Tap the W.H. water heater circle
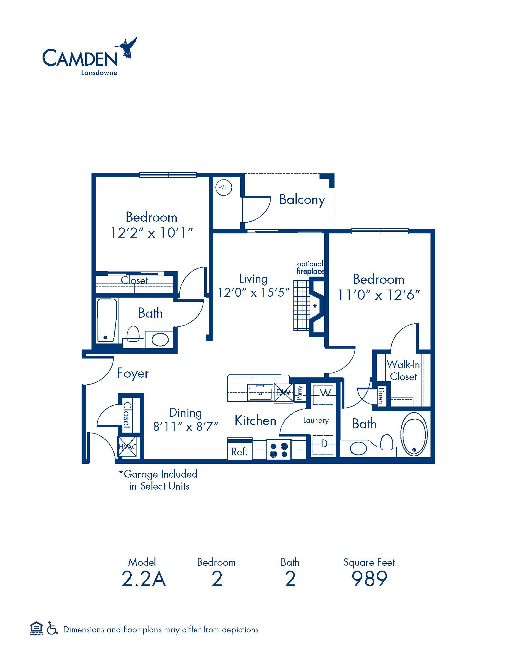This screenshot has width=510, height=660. coord(224,187)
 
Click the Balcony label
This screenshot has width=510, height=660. coord(302,200)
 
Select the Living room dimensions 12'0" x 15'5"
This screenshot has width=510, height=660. coord(254,292)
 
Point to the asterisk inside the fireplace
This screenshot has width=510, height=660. coord(315,306)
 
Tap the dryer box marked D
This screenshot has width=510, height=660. coord(323,445)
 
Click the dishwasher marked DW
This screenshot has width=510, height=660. coord(283,393)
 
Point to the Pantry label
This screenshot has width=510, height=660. coord(300,393)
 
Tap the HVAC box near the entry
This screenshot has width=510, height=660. coord(128,447)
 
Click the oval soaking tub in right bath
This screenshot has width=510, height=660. coord(414,434)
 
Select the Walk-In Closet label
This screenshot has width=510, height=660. coord(403,370)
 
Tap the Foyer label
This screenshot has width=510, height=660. coord(133,373)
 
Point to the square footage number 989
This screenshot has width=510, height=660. coord(369,579)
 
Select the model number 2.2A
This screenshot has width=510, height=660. coord(144,579)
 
